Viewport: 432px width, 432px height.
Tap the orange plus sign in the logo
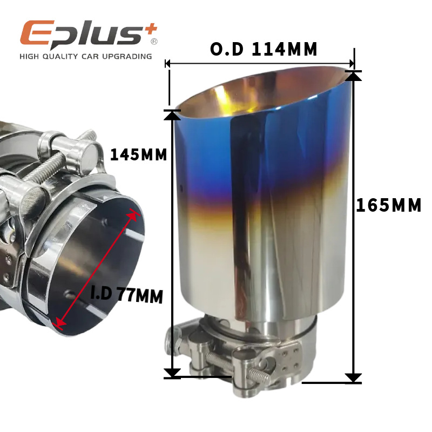click(x=151, y=29)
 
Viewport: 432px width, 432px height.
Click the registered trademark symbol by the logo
click(x=154, y=42)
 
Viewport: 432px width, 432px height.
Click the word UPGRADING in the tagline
click(x=127, y=57)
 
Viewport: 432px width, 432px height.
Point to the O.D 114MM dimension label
click(x=264, y=49)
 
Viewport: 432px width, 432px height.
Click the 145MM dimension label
click(x=139, y=154)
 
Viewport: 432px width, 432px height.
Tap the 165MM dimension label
click(x=389, y=206)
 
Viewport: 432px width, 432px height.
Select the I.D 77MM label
click(x=127, y=295)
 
